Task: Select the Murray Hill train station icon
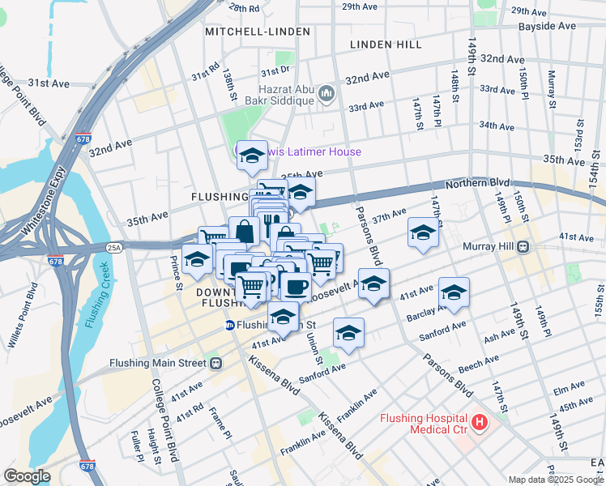pos(524,246)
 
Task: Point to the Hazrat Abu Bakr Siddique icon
pos(327,95)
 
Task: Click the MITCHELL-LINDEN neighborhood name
pos(258,32)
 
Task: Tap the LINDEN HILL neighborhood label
pos(386,45)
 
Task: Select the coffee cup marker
pos(297,287)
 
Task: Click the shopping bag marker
pos(244,231)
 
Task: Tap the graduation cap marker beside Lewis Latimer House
pos(252,154)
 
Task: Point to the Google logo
pos(28,475)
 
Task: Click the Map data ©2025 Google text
pos(555,480)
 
